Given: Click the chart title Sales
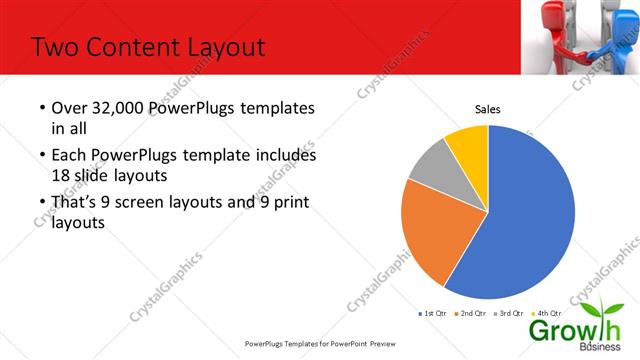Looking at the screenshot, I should pyautogui.click(x=487, y=110).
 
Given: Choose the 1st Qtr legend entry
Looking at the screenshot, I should pyautogui.click(x=432, y=313).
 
